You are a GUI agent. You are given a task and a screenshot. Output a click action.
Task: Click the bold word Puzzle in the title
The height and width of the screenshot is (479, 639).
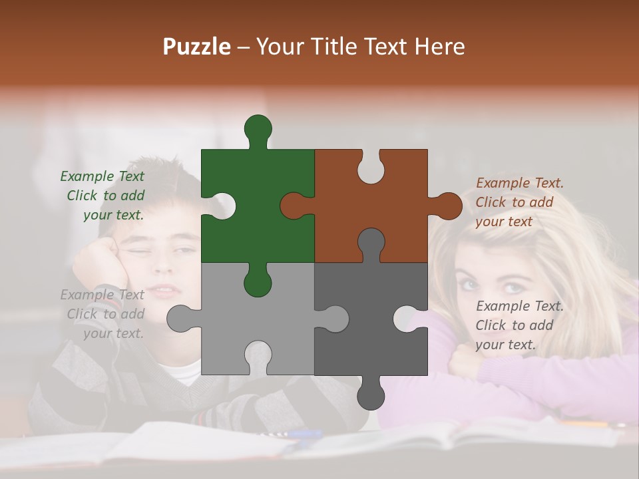click(x=197, y=47)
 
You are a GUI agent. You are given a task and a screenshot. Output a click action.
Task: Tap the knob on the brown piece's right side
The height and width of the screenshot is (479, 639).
click(x=448, y=206)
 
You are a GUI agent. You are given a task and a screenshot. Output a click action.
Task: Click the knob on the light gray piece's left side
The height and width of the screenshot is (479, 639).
click(x=180, y=318)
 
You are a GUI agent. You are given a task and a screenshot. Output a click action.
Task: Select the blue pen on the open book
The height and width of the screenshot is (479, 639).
click(x=303, y=434)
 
